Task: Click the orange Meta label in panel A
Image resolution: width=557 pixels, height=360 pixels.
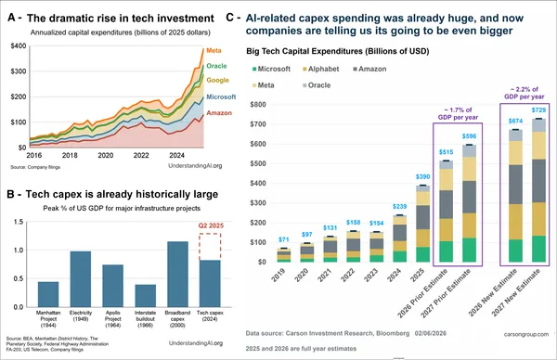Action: pos(214,49)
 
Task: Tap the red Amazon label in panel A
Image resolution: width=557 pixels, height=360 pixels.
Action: pos(218,112)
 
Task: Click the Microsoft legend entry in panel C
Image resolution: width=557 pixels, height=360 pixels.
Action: pos(271,69)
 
